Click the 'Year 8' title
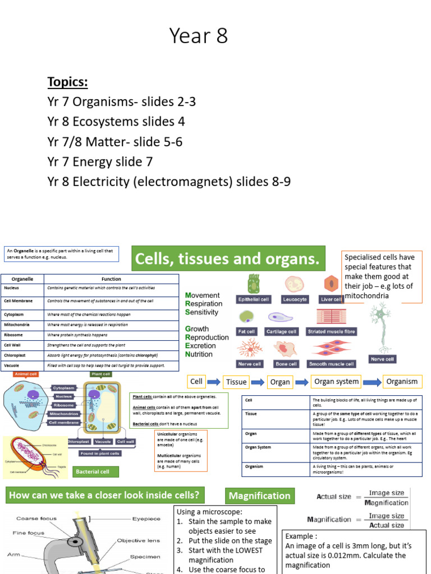(199, 37)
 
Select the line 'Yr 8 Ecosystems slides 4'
(116, 122)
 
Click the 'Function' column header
(111, 279)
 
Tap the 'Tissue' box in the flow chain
(236, 382)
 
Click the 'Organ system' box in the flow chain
(336, 381)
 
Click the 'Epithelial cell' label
(254, 299)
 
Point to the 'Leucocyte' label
(295, 299)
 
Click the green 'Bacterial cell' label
(93, 471)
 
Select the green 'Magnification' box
(260, 496)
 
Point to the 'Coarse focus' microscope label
(35, 519)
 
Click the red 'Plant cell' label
(101, 374)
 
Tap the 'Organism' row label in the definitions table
(254, 466)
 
